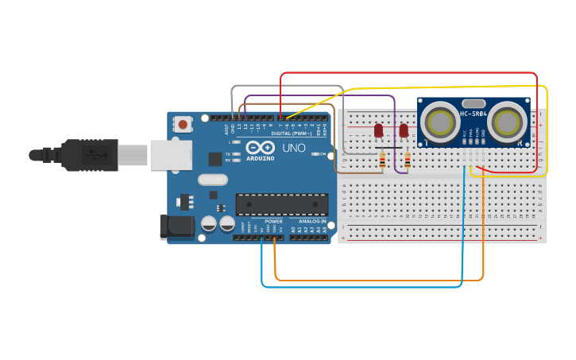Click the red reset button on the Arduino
[x=184, y=124]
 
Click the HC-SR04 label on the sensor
[x=473, y=114]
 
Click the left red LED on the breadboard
[x=378, y=130]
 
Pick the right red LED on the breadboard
[x=404, y=130]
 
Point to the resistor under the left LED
[x=382, y=161]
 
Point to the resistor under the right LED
[x=408, y=161]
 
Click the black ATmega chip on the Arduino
[x=282, y=204]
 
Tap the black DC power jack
[x=176, y=226]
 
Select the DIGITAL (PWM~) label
[x=291, y=134]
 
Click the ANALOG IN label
[x=312, y=221]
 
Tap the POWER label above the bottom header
[x=273, y=221]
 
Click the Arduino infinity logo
[x=260, y=148]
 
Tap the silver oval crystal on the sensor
[x=473, y=103]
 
